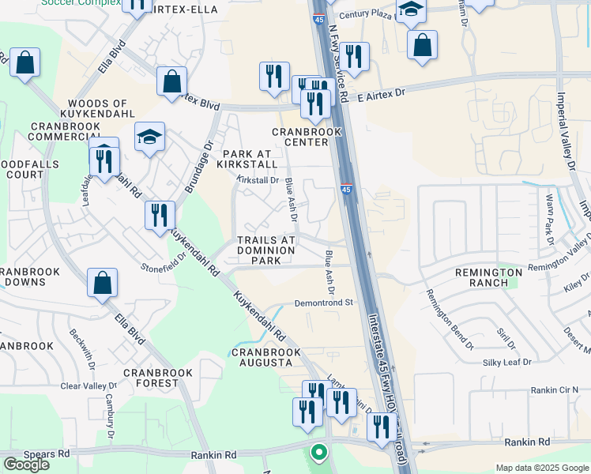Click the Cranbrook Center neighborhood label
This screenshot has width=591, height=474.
300,137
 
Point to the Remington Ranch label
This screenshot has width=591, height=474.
488,278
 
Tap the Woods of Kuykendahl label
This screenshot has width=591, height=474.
98,109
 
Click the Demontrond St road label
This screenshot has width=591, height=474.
323,302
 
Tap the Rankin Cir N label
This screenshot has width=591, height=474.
555,389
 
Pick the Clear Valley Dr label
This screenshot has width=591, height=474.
88,386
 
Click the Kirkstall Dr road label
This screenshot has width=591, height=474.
259,180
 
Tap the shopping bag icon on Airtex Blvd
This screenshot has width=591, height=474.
171,81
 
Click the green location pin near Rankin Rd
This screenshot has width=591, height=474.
318,453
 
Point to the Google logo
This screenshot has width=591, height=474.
26,464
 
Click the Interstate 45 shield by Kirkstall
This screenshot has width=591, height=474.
347,189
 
